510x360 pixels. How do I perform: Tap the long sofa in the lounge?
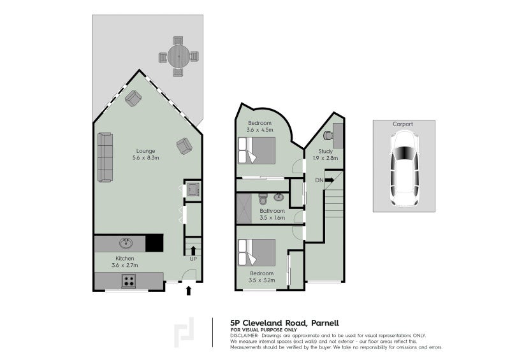click(x=105, y=157)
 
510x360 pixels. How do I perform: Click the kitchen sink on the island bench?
click(x=126, y=243)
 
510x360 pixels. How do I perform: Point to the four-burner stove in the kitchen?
click(x=129, y=280)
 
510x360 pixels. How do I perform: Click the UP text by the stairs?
click(x=192, y=259)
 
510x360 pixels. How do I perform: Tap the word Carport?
click(x=403, y=124)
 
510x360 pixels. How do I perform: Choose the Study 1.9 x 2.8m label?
click(x=325, y=154)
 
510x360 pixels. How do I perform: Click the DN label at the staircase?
click(x=319, y=180)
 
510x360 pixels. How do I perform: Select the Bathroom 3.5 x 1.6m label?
click(x=272, y=214)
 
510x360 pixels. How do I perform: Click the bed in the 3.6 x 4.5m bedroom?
click(x=256, y=151)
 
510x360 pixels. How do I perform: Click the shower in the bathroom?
click(x=244, y=210)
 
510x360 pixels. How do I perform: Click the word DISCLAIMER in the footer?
click(x=244, y=335)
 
